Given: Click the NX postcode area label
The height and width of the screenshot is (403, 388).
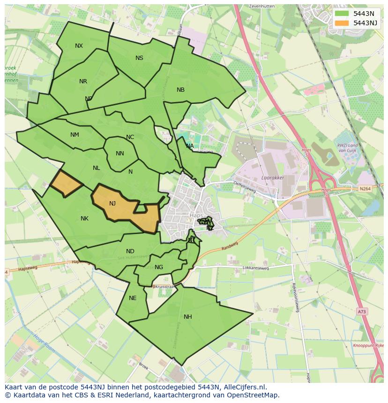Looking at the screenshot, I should point(79,46).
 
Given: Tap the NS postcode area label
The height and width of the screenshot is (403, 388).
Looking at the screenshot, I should point(139,58).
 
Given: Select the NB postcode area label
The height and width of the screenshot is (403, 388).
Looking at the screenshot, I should point(180,90).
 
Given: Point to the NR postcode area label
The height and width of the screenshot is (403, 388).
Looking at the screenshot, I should point(83,81).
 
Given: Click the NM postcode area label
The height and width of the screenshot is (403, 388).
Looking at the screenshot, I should point(75,135).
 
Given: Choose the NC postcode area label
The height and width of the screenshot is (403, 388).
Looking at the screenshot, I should point(130,137).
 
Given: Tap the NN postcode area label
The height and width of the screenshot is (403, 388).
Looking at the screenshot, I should point(119,154).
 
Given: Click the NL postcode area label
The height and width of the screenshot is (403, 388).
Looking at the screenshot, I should point(96,168).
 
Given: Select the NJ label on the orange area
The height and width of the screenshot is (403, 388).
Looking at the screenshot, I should point(112,204).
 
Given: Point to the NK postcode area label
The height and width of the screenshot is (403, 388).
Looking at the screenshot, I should point(84,219).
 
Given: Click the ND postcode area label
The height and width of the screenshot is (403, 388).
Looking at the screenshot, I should point(130,251).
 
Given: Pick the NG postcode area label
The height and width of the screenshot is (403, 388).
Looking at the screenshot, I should point(159,267).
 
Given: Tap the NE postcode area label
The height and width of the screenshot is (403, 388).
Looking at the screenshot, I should point(133,298).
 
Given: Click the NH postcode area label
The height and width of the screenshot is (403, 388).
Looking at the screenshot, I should point(187,317).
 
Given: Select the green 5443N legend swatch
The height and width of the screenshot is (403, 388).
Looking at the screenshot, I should point(342,14).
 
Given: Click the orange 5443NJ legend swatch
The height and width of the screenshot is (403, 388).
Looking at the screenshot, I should point(342,23).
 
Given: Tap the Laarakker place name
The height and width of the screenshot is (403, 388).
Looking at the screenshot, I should point(273,178).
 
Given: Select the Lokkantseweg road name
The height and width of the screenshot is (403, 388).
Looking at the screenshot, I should point(255,268).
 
